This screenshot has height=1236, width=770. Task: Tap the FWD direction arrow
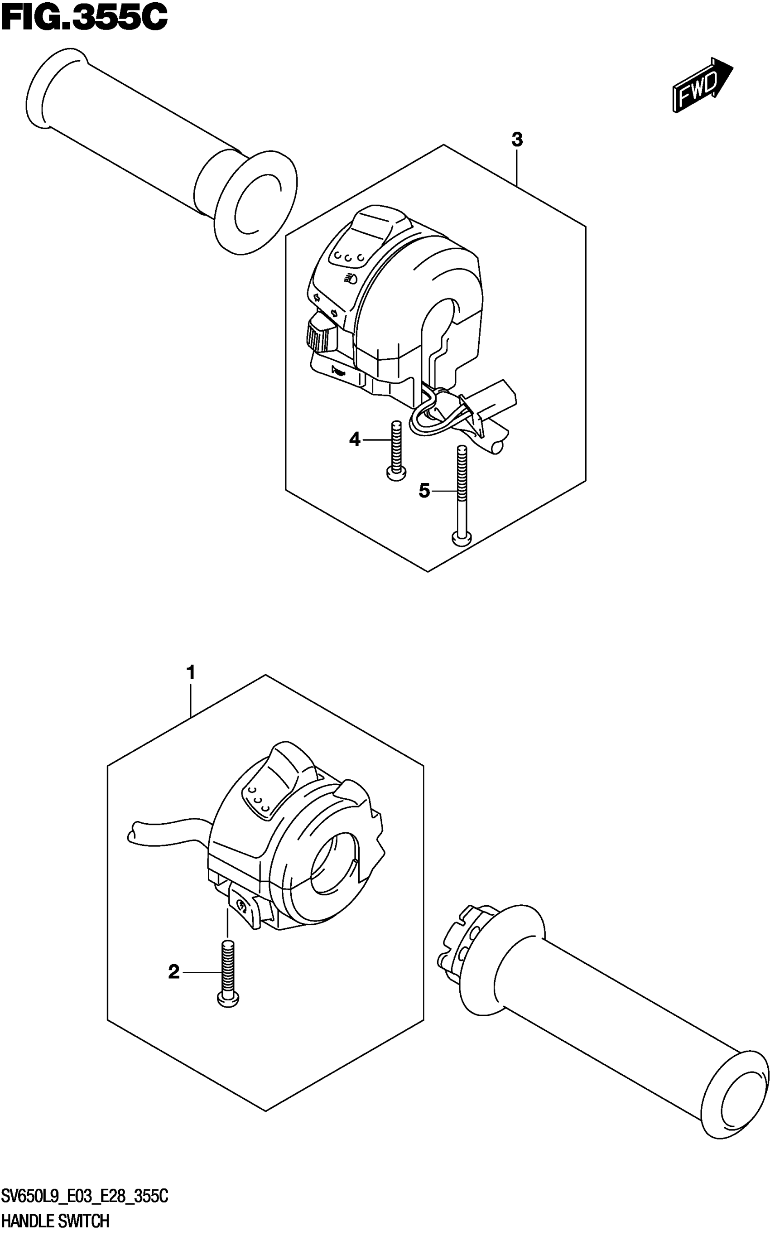pyautogui.click(x=703, y=84)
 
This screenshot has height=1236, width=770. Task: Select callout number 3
pyautogui.click(x=517, y=140)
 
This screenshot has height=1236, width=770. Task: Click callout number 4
pyautogui.click(x=355, y=439)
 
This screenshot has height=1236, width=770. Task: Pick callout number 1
pyautogui.click(x=191, y=673)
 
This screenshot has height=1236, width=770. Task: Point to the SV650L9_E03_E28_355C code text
pyautogui.click(x=84, y=1197)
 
